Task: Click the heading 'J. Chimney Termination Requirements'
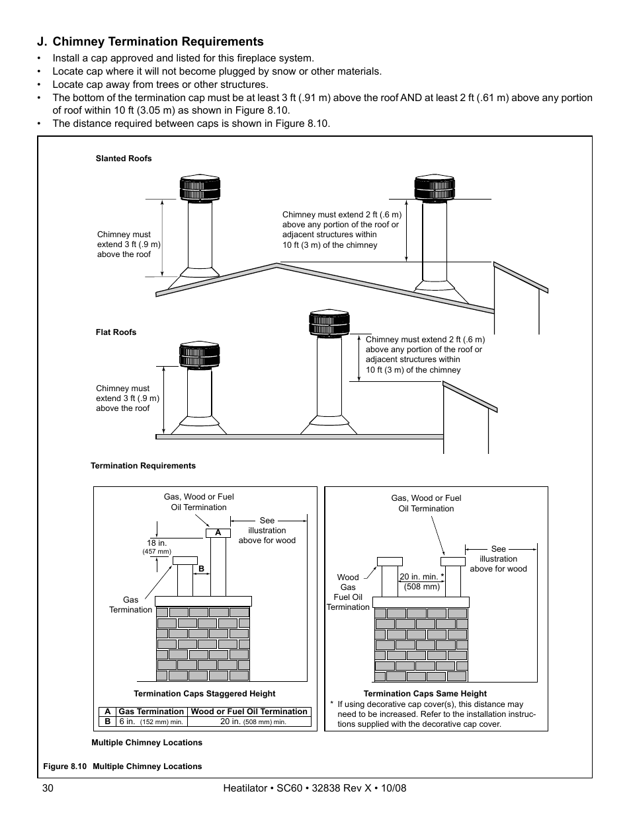coord(150,42)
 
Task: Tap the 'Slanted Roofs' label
coord(124,159)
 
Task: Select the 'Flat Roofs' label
coord(116,332)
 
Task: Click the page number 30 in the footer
coord(46,788)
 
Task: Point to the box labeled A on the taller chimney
coord(218,533)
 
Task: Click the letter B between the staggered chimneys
coord(201,569)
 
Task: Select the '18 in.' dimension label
coord(157,543)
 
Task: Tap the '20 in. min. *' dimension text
coord(421,577)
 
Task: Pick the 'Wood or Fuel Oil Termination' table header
coord(249,712)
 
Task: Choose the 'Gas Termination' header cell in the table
coord(151,712)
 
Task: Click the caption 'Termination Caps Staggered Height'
coord(204,694)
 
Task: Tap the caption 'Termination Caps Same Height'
coord(425,694)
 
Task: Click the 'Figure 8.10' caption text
coord(65,766)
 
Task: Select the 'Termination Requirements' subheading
coord(143,466)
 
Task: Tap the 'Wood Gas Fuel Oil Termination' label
coord(348,592)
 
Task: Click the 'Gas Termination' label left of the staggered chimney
coord(130,605)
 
